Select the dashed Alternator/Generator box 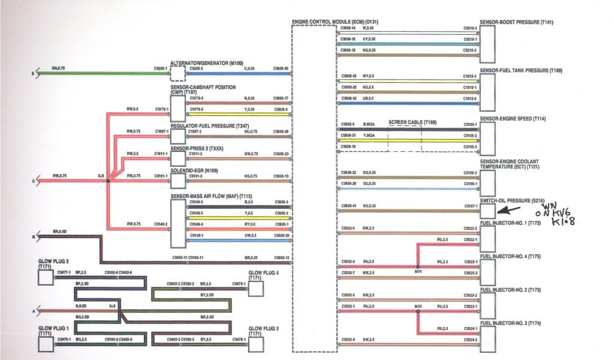click(x=177, y=73)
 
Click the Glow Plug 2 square click(x=45, y=278)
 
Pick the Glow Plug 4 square click(x=256, y=289)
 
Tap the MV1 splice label click(x=419, y=271)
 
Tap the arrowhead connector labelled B click(x=37, y=236)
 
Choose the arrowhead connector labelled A click(x=37, y=311)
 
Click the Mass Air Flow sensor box click(x=177, y=223)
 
